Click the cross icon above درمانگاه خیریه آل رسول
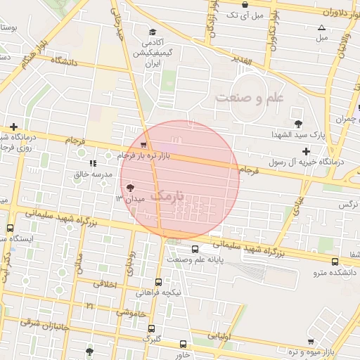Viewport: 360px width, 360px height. (305, 151)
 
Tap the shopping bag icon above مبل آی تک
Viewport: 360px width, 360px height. (244, 4)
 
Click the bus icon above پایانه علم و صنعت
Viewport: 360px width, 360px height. (195, 248)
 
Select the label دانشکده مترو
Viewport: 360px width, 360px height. (335, 271)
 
